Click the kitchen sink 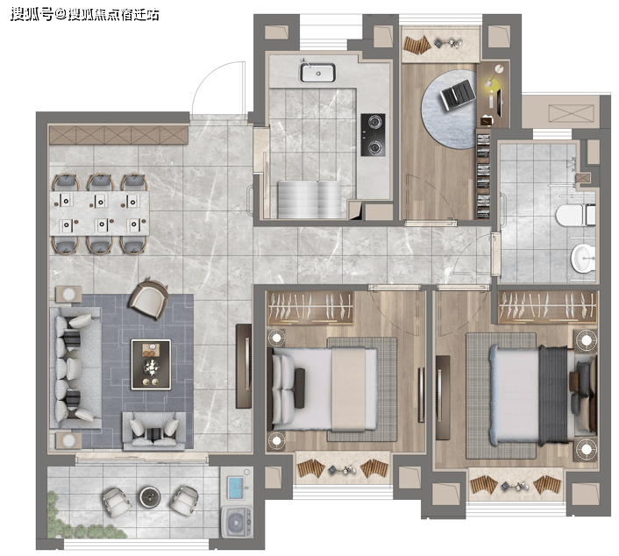(x=317, y=73)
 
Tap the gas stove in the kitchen (x=373, y=135)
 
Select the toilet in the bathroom (x=575, y=215)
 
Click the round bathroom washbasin (x=583, y=258)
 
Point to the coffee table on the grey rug (x=151, y=365)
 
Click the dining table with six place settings (x=99, y=213)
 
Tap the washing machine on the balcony (x=237, y=522)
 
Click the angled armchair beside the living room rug (x=149, y=298)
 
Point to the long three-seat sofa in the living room (x=75, y=368)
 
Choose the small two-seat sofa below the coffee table (x=154, y=431)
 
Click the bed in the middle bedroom (x=322, y=388)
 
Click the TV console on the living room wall (x=244, y=366)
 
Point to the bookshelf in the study (x=483, y=176)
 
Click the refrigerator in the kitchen (x=309, y=199)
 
